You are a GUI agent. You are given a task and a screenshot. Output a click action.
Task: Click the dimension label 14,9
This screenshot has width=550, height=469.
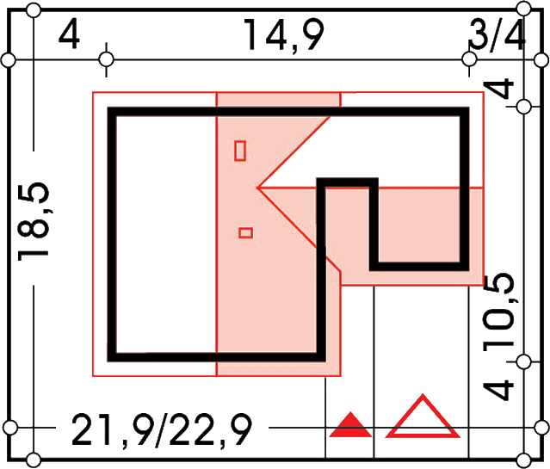coord(282,36)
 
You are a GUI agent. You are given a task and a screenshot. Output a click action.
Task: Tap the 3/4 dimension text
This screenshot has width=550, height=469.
coord(496,35)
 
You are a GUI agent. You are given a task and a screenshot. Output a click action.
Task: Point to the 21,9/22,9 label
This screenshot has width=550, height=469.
coord(162,429)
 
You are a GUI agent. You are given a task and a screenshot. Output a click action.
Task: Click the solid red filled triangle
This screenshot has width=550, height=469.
coord(350,425)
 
